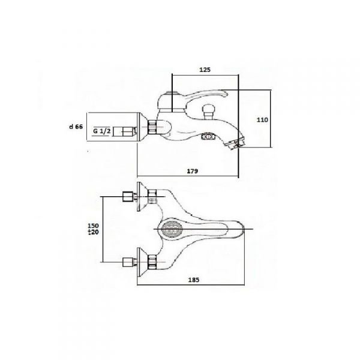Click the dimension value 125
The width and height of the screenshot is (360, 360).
205,70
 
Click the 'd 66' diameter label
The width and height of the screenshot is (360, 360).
75,127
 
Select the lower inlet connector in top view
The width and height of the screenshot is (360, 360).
127,262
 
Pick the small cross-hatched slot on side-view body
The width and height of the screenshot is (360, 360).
208,137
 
